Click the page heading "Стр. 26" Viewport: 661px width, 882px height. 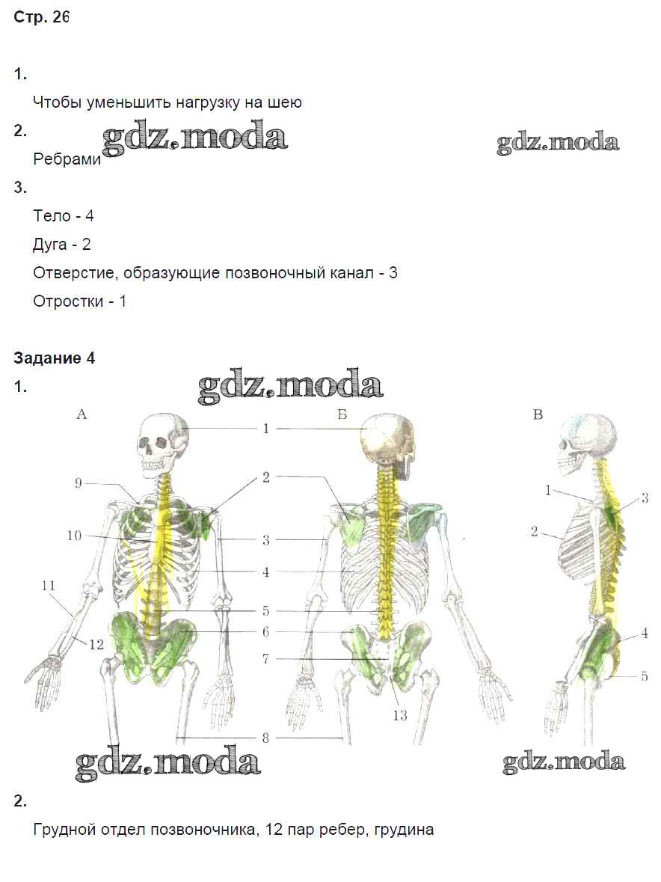point(41,17)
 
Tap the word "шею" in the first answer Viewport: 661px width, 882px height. point(286,103)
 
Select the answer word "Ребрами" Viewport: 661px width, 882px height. point(67,159)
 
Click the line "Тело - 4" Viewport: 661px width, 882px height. point(63,216)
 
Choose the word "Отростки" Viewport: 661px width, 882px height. point(68,301)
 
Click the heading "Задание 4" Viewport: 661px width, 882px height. point(55,358)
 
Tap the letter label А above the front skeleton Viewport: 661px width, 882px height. point(82,414)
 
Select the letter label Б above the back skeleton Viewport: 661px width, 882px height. point(342,414)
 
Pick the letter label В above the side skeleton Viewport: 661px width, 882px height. point(538,414)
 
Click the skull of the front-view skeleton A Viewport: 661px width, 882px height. point(162,443)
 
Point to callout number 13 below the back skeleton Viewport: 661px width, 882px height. point(399,715)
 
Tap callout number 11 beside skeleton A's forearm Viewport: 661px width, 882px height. point(49,586)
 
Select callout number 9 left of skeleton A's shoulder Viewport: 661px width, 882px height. point(78,483)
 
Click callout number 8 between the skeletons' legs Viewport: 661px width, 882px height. point(266,738)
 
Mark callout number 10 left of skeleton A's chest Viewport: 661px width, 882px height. point(74,536)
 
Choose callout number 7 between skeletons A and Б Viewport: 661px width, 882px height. point(266,658)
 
